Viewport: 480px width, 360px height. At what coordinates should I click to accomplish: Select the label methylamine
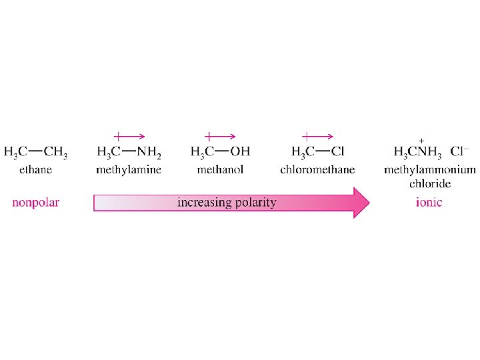pyautogui.click(x=129, y=170)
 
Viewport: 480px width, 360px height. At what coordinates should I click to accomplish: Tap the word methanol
pyautogui.click(x=220, y=170)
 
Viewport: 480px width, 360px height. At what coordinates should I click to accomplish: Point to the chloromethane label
pyautogui.click(x=317, y=170)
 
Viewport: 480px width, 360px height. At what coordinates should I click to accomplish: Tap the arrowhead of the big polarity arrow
pyautogui.click(x=361, y=203)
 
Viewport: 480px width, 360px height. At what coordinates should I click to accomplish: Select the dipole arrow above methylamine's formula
pyautogui.click(x=129, y=136)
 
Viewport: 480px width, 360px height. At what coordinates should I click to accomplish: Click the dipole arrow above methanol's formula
pyautogui.click(x=220, y=136)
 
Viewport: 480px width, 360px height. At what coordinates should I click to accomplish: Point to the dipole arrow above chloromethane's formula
pyautogui.click(x=318, y=136)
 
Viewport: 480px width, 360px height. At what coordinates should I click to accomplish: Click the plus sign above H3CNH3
pyautogui.click(x=421, y=141)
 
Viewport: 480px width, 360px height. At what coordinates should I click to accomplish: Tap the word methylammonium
pyautogui.click(x=429, y=170)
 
